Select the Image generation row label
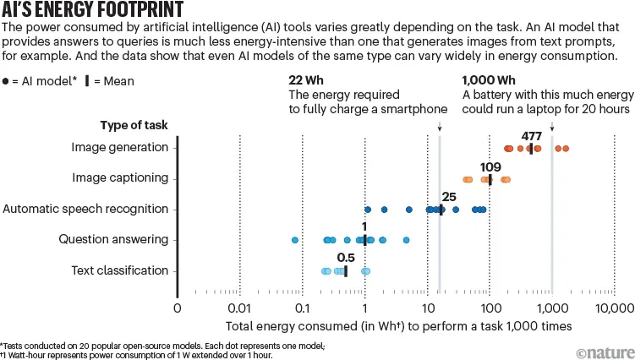[122, 148]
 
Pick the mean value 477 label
[532, 136]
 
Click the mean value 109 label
[491, 166]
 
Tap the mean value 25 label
[449, 197]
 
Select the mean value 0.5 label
[346, 258]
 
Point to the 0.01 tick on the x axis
[240, 308]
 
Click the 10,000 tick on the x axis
[613, 308]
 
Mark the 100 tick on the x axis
[490, 308]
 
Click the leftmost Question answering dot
[295, 240]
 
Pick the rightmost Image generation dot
[565, 149]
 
